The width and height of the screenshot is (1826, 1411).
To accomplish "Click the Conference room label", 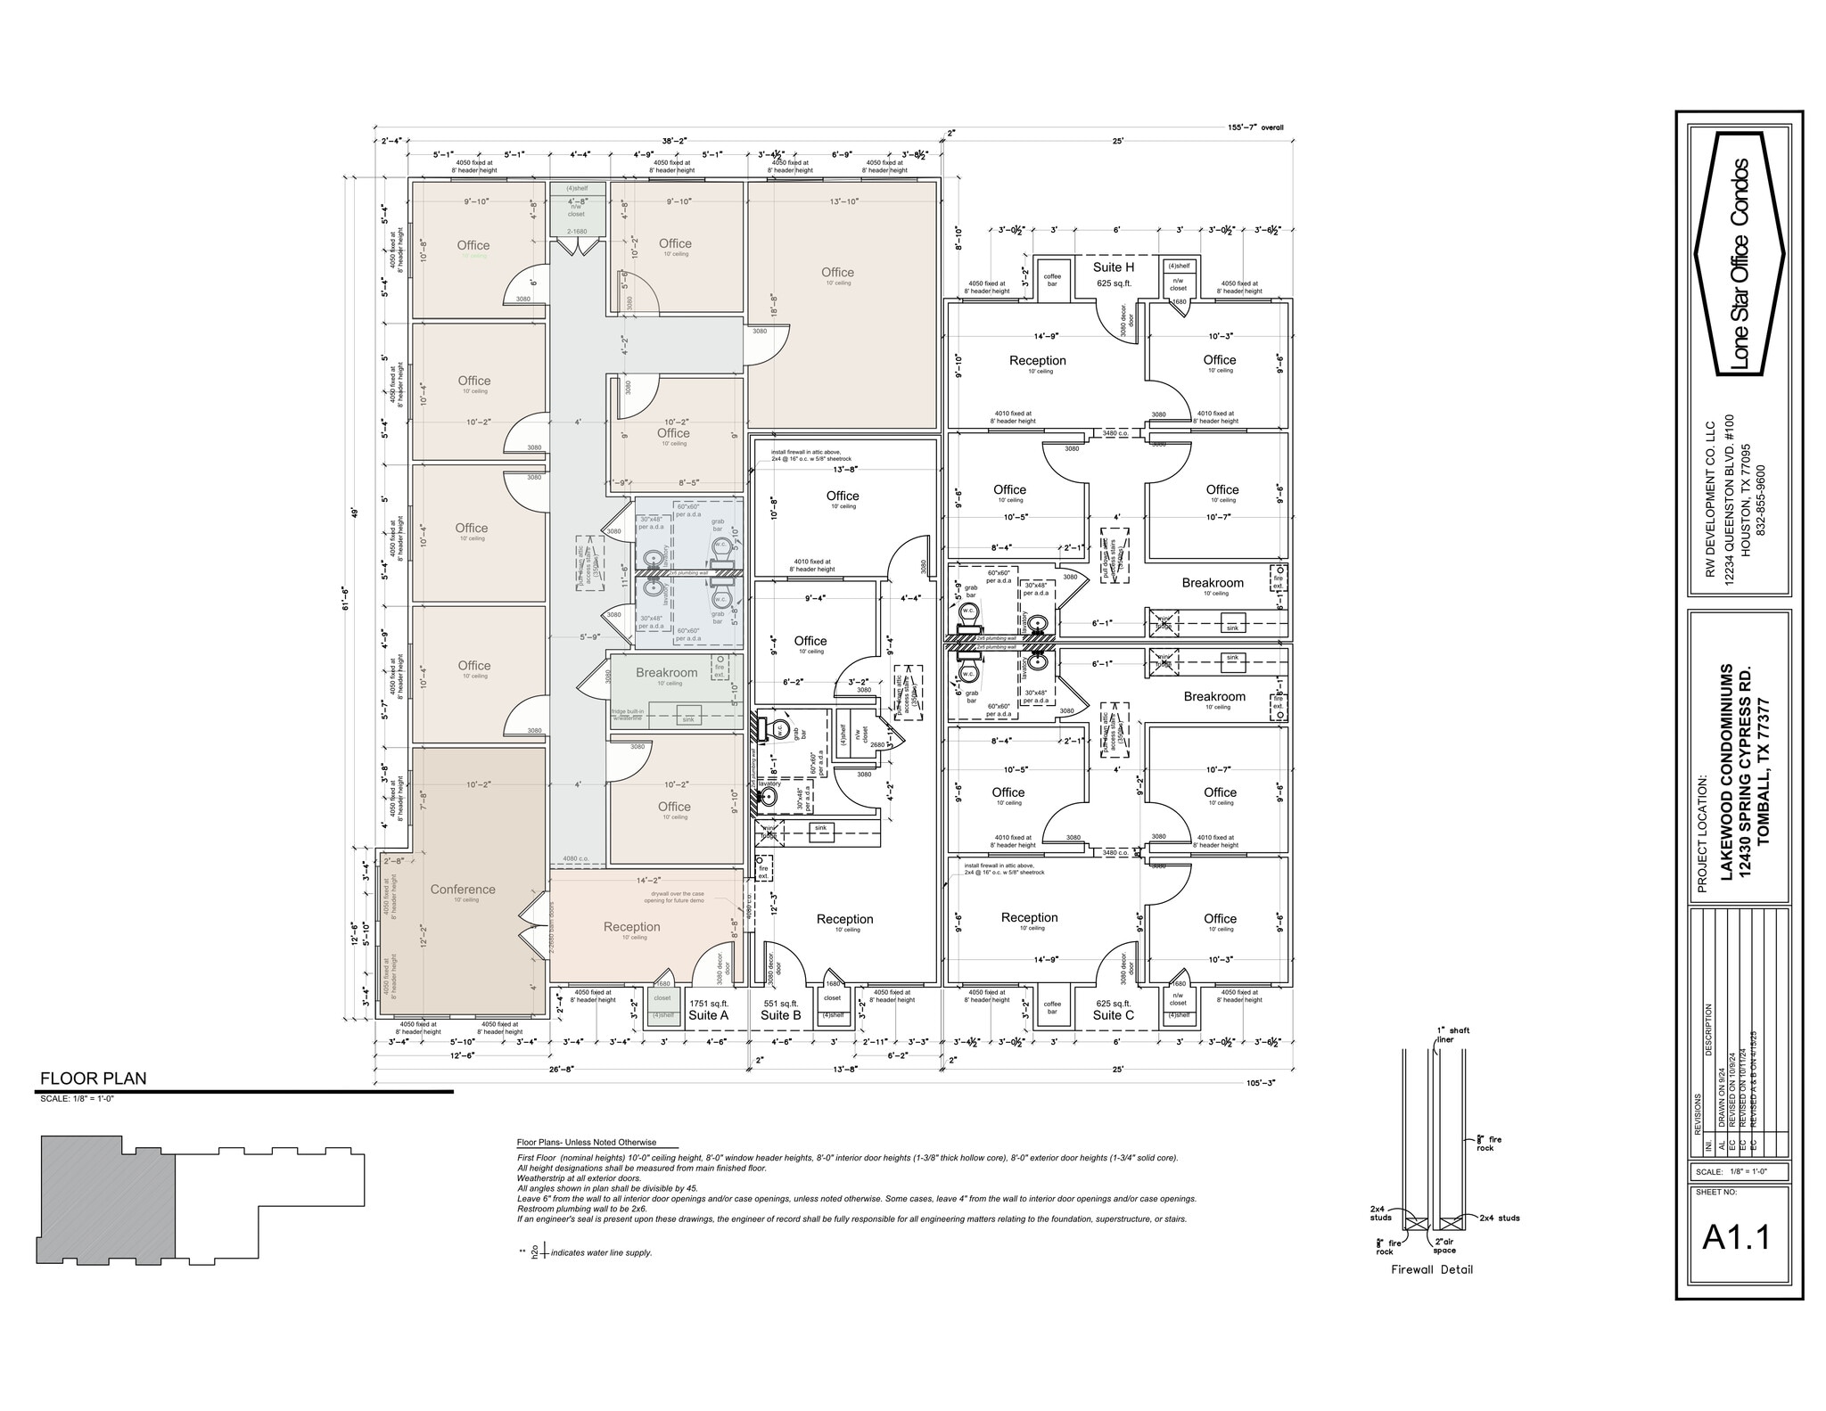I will click(x=462, y=889).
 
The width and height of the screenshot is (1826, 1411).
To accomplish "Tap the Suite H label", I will click(x=1114, y=267).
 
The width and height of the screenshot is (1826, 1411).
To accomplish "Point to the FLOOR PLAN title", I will click(x=93, y=1078).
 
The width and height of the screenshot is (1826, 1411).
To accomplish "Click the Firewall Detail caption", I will click(x=1432, y=1269).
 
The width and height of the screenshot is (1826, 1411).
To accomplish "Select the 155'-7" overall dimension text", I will click(x=1255, y=127).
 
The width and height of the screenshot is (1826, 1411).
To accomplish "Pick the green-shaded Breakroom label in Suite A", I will click(x=666, y=672).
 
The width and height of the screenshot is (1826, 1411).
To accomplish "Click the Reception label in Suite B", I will click(x=844, y=919).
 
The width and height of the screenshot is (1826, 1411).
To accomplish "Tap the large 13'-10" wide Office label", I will click(x=837, y=272).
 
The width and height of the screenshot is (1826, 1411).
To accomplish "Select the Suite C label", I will click(x=1114, y=1014).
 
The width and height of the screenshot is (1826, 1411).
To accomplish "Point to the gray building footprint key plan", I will click(x=107, y=1199).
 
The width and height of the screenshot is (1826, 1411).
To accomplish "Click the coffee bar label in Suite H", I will click(x=1052, y=280).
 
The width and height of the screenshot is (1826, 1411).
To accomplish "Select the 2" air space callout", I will click(x=1444, y=1246).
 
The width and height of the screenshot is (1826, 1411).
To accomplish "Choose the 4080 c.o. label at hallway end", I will click(x=575, y=859).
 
